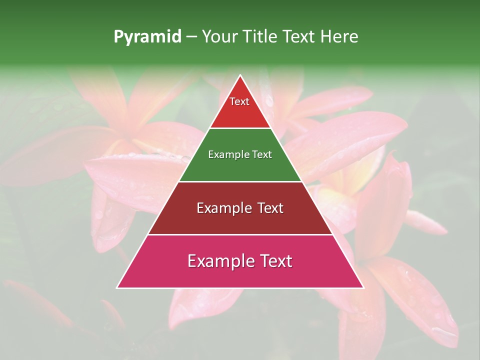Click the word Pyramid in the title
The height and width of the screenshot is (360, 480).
pos(147,37)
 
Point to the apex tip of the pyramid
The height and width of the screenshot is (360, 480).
pos(240,76)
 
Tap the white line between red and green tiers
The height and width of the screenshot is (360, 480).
pos(240,128)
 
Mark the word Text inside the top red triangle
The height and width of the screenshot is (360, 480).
pos(239,101)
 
